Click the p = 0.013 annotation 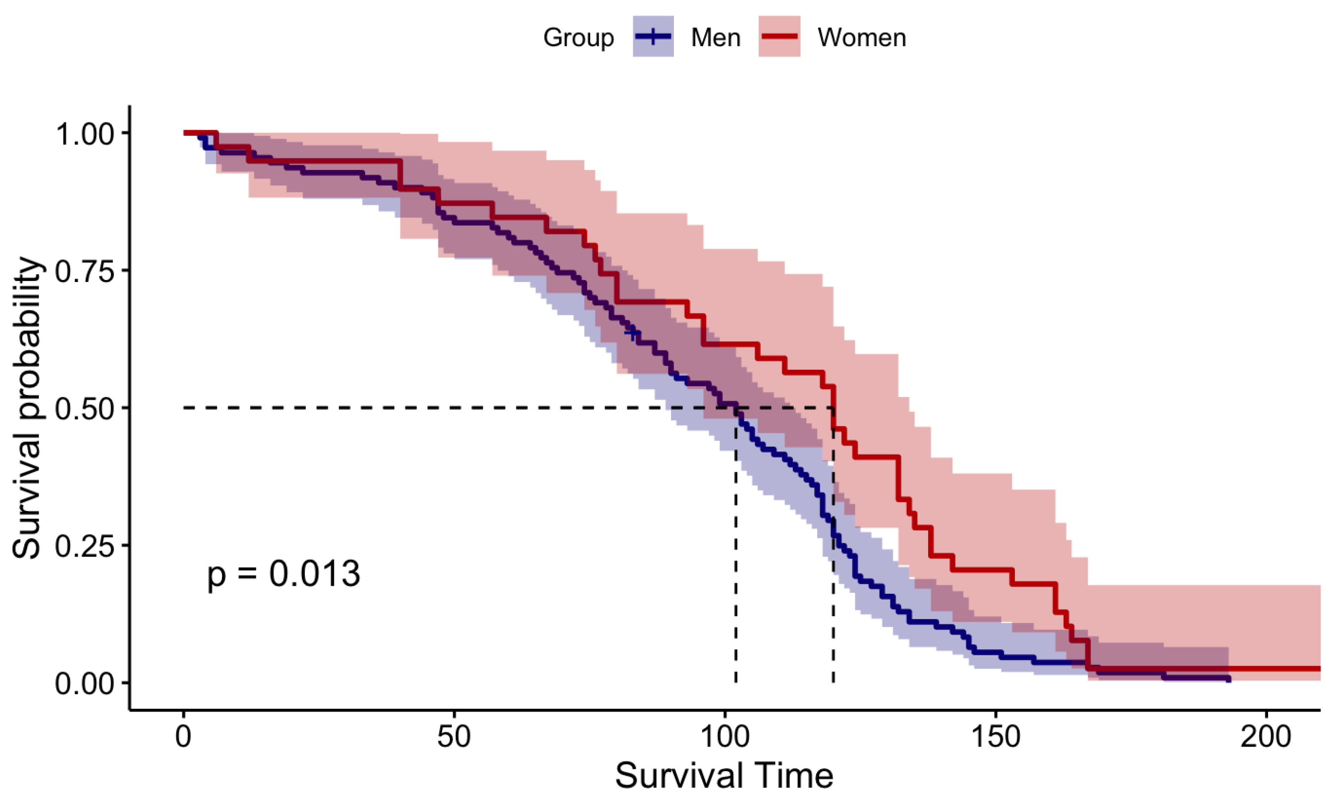283,575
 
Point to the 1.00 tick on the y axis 86,133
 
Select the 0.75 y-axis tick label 86,271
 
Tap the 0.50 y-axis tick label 86,409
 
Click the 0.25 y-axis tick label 86,546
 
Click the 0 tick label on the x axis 184,737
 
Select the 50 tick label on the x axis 454,737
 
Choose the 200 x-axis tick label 1266,737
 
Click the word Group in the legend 578,38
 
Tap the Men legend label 716,38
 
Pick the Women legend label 862,38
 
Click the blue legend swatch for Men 653,36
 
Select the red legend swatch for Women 779,36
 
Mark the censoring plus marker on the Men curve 633,333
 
